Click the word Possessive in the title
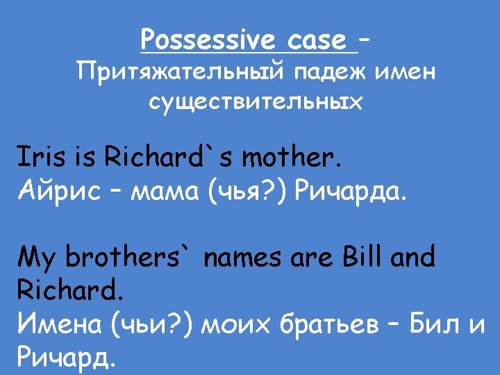pyautogui.click(x=208, y=40)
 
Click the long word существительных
pyautogui.click(x=256, y=102)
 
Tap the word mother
pyautogui.click(x=291, y=156)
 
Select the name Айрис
pyautogui.click(x=59, y=191)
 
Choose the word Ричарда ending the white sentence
pyautogui.click(x=351, y=192)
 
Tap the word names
pyautogui.click(x=242, y=258)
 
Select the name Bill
pyautogui.click(x=362, y=256)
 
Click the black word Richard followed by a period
pyautogui.click(x=70, y=290)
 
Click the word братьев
pyautogui.click(x=329, y=324)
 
